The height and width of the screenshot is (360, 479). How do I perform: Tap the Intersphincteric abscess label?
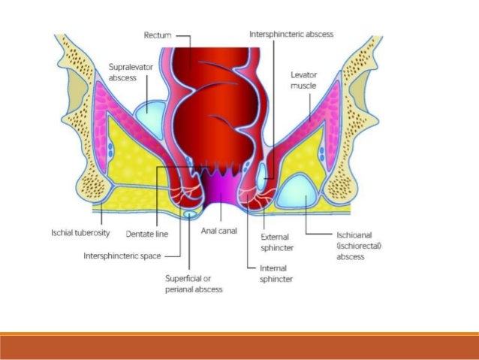coord(291,34)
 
